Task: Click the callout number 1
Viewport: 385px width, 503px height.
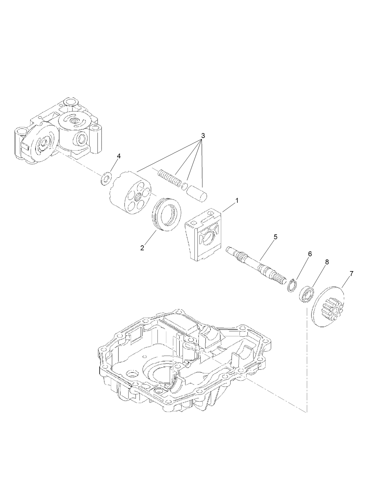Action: (237, 201)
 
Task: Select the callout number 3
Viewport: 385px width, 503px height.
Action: (202, 135)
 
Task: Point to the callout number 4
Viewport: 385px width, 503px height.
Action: (119, 156)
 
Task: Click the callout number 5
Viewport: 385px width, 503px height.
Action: (275, 237)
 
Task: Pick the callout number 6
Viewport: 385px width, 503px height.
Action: (310, 254)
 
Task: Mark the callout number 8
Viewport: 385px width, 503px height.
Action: (327, 262)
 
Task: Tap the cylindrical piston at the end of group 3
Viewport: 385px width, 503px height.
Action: (197, 192)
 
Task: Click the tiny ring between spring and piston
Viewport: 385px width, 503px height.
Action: (184, 186)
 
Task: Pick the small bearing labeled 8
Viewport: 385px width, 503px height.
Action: (306, 293)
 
